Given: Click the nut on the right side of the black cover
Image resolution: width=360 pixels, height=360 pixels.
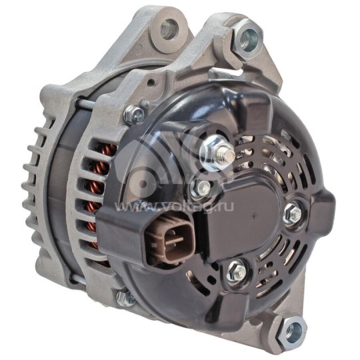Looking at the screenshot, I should pos(291,213).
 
